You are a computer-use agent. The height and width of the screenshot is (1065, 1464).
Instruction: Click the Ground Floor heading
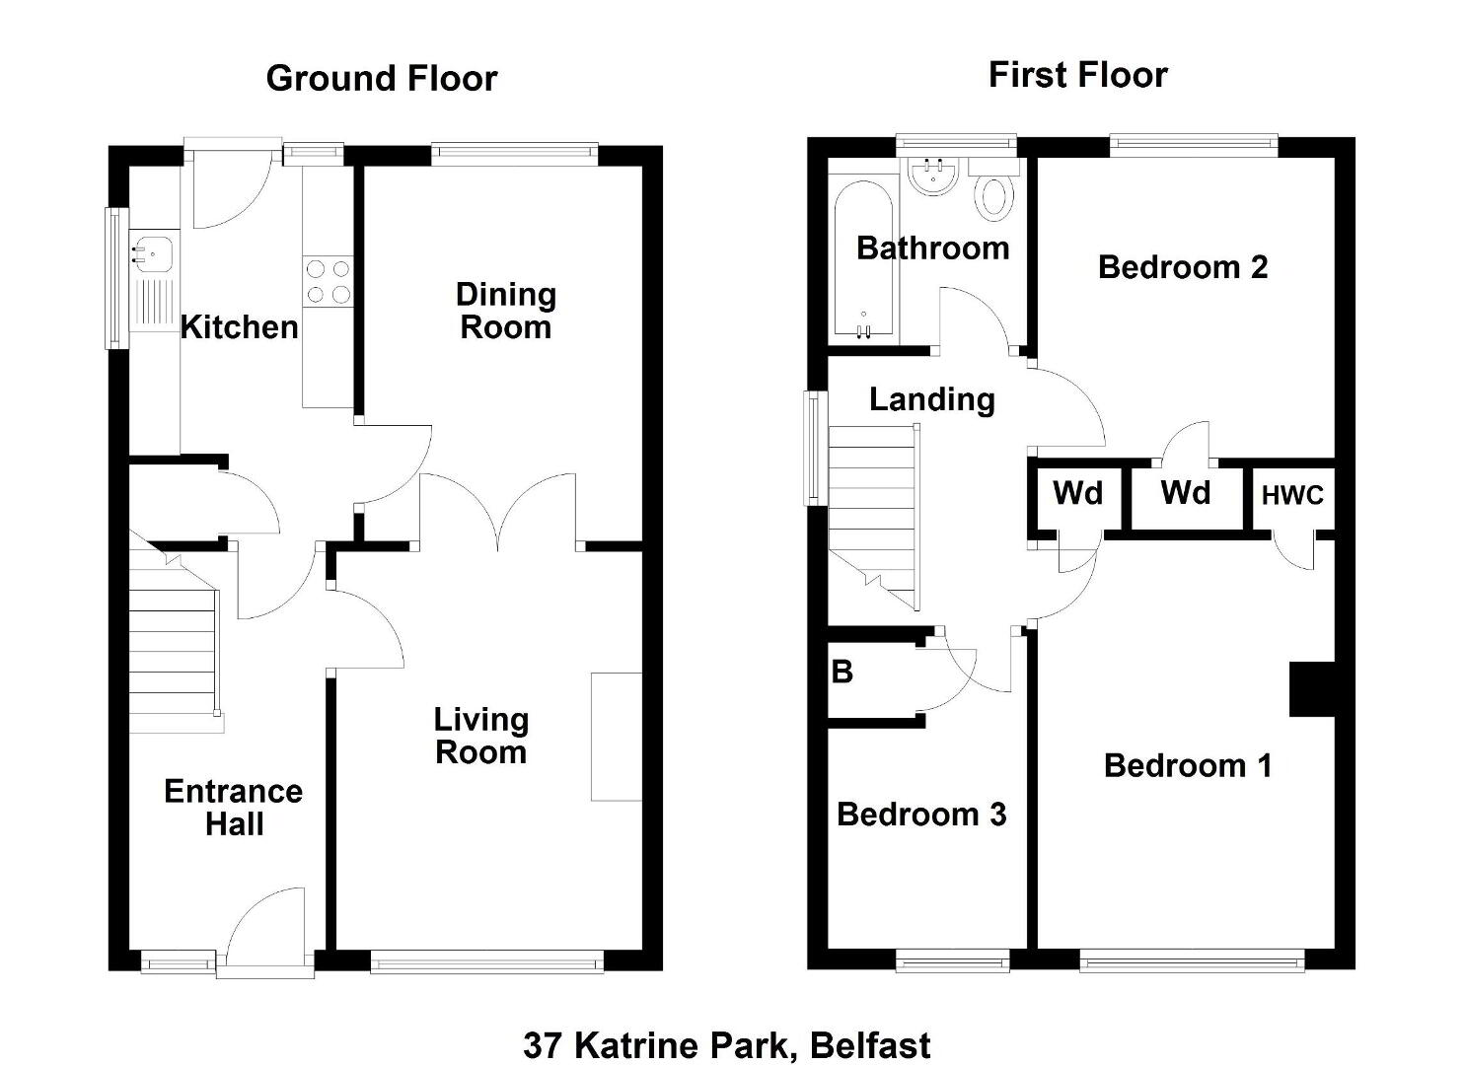point(382,79)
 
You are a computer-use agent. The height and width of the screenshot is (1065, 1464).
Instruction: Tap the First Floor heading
point(1077,75)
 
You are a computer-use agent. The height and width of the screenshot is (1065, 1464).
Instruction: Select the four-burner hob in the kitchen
point(329,281)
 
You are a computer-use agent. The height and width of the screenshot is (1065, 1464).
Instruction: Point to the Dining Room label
point(506,311)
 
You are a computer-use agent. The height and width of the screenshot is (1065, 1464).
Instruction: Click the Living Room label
point(481,737)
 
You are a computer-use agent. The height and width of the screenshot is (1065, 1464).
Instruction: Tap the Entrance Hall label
point(234,808)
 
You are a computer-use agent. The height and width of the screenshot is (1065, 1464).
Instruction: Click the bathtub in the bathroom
point(863,260)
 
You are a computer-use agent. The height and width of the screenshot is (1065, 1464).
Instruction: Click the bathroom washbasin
point(933,177)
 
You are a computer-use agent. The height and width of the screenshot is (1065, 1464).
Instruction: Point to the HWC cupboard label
point(1292,496)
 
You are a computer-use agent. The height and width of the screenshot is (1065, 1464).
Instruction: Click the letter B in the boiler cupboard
point(842,673)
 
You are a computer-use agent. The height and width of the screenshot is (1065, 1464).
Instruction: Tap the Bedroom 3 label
point(921,815)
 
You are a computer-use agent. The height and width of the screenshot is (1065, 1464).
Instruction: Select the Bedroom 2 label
point(1183,267)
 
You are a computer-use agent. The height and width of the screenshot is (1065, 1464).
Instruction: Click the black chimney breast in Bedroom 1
point(1312,689)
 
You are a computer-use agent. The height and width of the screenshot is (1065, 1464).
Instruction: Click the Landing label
point(932,399)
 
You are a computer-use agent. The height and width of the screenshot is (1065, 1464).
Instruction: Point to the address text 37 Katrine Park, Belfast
point(727,1045)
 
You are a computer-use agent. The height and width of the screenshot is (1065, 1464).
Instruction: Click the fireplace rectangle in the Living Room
point(617,737)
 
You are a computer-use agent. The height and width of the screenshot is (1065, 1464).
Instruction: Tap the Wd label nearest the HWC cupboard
point(1186,492)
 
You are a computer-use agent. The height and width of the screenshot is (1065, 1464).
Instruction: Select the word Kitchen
point(239,326)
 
